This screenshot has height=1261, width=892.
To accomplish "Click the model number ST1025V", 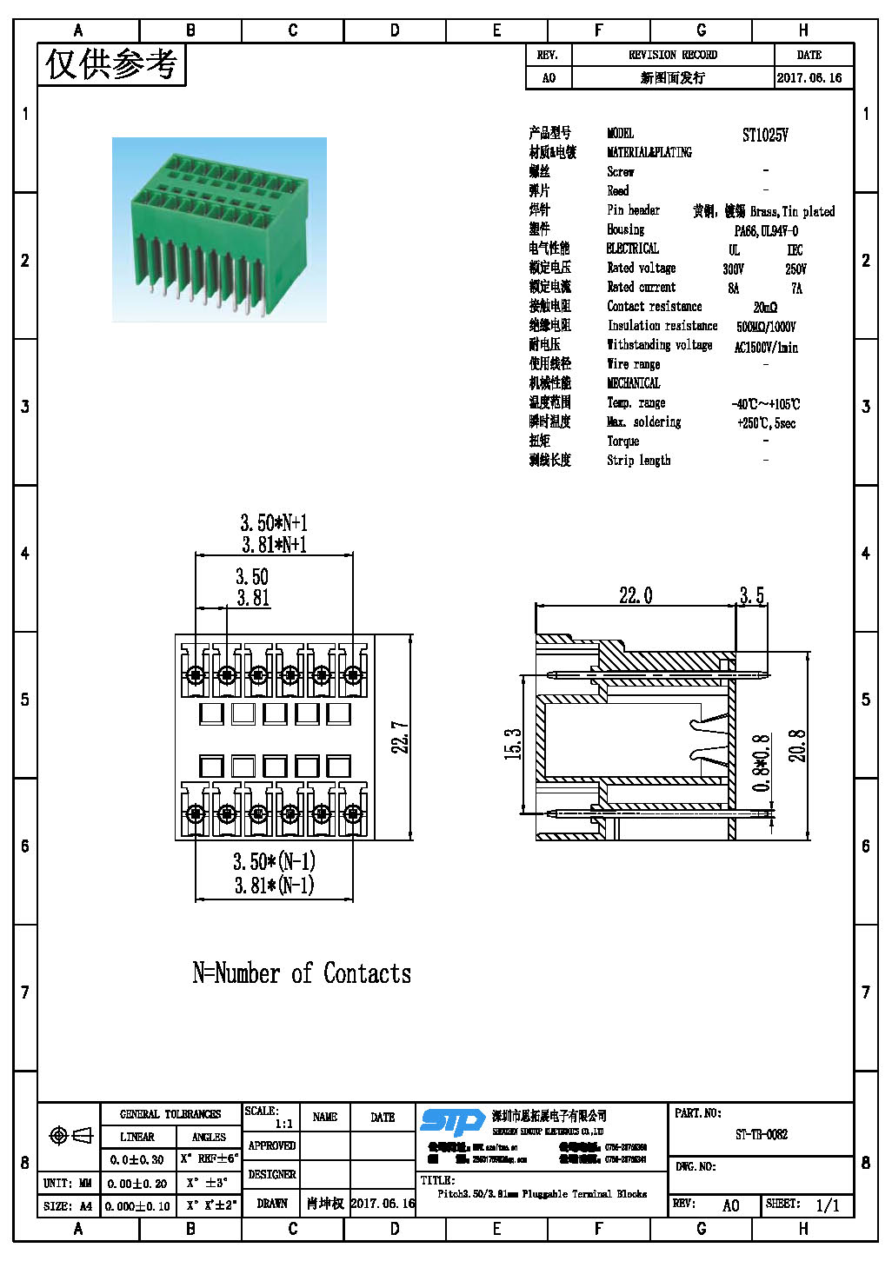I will [x=765, y=135].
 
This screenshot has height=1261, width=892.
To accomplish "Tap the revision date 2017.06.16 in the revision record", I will [x=809, y=77].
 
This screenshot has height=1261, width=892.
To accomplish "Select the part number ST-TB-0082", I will [x=762, y=1134].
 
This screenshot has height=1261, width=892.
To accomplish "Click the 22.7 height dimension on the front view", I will [x=400, y=737].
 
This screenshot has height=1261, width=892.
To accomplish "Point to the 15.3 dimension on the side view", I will [x=513, y=744].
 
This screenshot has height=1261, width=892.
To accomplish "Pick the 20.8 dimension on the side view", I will [x=797, y=746].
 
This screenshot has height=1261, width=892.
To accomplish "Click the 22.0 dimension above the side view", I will [x=636, y=595].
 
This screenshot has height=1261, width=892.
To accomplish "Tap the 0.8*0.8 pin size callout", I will [x=762, y=763].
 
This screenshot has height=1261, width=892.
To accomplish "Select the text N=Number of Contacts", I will [x=302, y=973].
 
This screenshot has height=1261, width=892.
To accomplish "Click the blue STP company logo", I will [x=452, y=1122].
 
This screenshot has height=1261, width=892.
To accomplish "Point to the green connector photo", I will [x=219, y=229].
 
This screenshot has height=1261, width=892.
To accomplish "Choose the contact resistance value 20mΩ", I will [x=765, y=307].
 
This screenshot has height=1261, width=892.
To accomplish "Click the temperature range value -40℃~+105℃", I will [x=765, y=404].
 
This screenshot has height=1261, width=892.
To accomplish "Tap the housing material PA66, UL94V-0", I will [x=765, y=231].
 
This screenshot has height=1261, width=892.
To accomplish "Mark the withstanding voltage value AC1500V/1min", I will [x=765, y=347].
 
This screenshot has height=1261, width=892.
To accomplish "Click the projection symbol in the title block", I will [x=71, y=1135].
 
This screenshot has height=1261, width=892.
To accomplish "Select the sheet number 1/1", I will [x=827, y=1205].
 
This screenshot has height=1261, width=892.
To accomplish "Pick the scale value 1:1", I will [x=283, y=1124].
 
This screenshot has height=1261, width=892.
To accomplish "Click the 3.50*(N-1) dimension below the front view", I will [x=274, y=861].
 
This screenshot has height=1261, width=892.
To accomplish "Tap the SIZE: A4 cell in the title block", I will [x=68, y=1206].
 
